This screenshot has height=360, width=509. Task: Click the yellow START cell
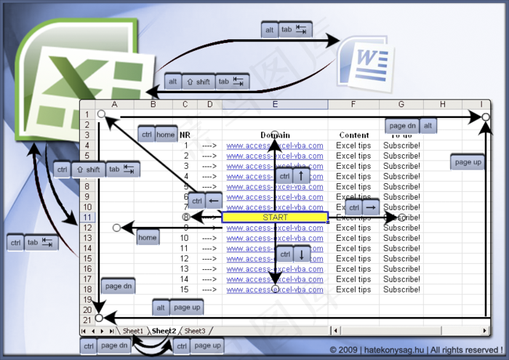[x=275, y=217]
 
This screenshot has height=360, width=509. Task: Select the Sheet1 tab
[x=133, y=331]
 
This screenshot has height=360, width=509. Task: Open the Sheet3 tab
[x=194, y=331]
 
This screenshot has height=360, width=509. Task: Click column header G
[x=401, y=105]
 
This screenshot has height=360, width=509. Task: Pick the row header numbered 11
[x=87, y=217]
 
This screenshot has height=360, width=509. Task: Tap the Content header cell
[x=353, y=135]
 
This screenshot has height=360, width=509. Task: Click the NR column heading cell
[x=185, y=135]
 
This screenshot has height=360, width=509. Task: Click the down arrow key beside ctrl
[x=302, y=255]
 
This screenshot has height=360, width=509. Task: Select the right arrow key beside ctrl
[x=371, y=208]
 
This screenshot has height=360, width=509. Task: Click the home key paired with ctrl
[x=166, y=135]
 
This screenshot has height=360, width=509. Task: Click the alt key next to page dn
[x=429, y=126]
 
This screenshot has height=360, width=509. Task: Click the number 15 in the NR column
[x=185, y=289]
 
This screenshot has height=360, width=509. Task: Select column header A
[x=114, y=105]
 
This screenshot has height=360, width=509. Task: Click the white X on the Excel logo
[x=69, y=80]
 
